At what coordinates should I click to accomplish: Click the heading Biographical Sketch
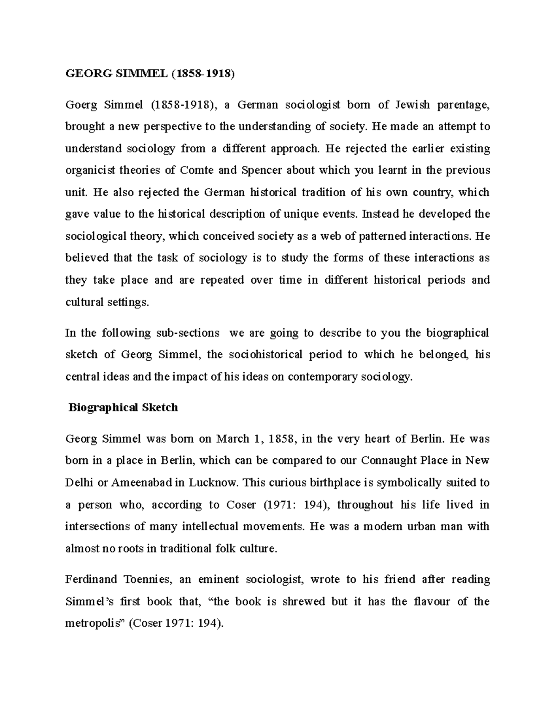[123, 408]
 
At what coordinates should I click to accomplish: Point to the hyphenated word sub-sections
[188, 333]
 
